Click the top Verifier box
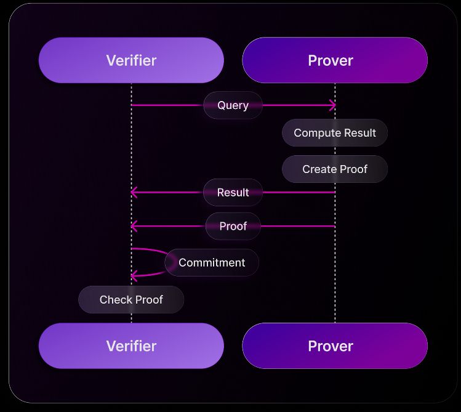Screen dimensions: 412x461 pos(131,60)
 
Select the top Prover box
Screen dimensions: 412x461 pos(334,60)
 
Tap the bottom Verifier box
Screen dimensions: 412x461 pos(131,346)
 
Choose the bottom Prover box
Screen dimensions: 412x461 pos(334,346)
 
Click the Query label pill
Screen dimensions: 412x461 pos(233,105)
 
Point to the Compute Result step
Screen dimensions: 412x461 pos(334,133)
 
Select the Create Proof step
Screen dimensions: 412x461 pos(334,169)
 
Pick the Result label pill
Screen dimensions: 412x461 pos(233,192)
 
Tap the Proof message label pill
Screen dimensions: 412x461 pos(233,226)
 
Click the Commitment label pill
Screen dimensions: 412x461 pos(211,263)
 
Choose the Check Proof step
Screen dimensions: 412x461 pos(131,300)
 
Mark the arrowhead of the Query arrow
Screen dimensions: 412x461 pos(333,105)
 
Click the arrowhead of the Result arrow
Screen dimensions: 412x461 pos(134,192)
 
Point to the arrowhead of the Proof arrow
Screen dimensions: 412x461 pos(134,226)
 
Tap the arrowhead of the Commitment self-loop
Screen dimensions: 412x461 pos(134,277)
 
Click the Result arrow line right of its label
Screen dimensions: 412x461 pos(299,192)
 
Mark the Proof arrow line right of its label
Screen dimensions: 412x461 pos(299,226)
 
